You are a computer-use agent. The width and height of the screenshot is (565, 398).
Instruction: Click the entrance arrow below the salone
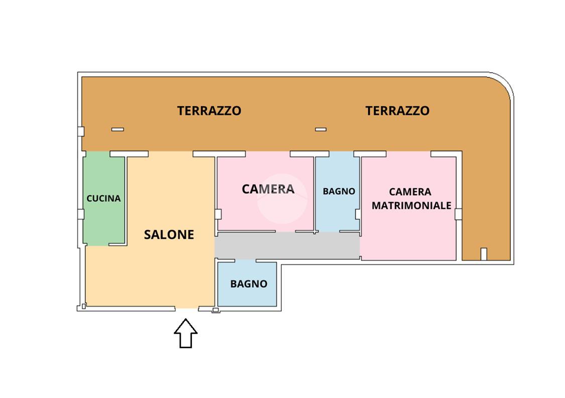(x=185, y=333)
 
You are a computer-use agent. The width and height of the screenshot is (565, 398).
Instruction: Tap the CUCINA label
(x=103, y=198)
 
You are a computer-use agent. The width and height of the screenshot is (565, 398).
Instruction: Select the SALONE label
(x=169, y=235)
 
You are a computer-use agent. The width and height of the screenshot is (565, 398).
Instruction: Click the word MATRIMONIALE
(x=411, y=205)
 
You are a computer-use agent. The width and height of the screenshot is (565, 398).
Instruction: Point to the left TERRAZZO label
(x=209, y=110)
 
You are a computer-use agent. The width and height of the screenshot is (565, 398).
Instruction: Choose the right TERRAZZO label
(x=397, y=110)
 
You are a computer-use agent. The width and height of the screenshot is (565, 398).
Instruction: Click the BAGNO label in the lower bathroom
(x=249, y=284)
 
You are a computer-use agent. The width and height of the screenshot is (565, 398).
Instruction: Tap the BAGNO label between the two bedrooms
(x=338, y=191)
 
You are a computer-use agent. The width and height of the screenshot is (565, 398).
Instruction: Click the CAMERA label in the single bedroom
(x=268, y=189)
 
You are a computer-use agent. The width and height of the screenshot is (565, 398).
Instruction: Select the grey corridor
(x=287, y=245)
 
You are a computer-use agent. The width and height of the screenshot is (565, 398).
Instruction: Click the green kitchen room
(x=104, y=198)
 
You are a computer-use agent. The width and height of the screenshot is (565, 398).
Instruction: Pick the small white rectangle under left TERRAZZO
(x=118, y=129)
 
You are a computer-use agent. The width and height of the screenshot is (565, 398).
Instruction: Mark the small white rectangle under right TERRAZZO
(x=321, y=129)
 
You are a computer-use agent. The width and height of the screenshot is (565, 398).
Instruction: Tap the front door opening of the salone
(x=187, y=308)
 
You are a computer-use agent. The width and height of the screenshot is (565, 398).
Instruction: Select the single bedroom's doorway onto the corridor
(x=285, y=231)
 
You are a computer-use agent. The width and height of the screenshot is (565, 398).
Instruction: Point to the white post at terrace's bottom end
(x=484, y=254)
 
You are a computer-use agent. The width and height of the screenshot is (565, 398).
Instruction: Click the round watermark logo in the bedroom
(x=282, y=199)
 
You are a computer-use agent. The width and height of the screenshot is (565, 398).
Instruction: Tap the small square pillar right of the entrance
(x=215, y=310)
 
